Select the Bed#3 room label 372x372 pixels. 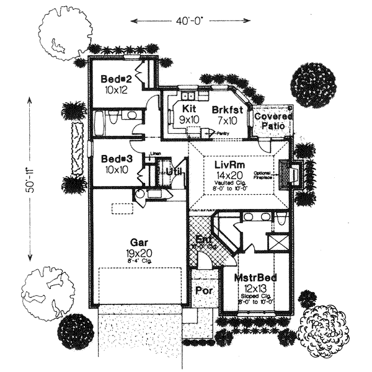pos(115,158)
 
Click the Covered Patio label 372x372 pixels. pos(270,121)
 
